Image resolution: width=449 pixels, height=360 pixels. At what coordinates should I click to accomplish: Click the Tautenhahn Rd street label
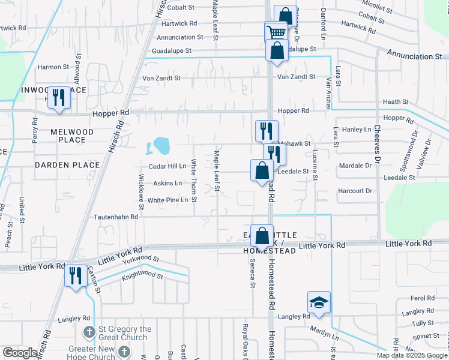(115, 217)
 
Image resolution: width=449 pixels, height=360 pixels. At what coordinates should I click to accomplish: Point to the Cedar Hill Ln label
(167, 166)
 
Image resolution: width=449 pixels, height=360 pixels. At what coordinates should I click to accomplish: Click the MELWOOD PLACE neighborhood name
(72, 136)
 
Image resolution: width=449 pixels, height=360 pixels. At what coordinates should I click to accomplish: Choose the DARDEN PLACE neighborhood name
(67, 164)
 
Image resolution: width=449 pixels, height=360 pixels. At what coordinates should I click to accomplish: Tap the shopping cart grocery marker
(276, 32)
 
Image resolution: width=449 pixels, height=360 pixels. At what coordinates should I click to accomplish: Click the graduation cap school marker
(319, 302)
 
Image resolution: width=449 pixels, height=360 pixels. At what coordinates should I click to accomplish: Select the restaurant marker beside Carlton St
(76, 275)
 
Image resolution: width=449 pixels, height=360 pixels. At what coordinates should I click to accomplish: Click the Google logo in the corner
(20, 353)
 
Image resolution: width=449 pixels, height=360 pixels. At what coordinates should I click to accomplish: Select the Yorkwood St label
(140, 260)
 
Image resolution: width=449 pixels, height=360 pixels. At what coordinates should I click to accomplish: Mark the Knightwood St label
(143, 276)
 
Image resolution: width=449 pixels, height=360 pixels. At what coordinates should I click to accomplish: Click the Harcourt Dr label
(356, 191)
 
